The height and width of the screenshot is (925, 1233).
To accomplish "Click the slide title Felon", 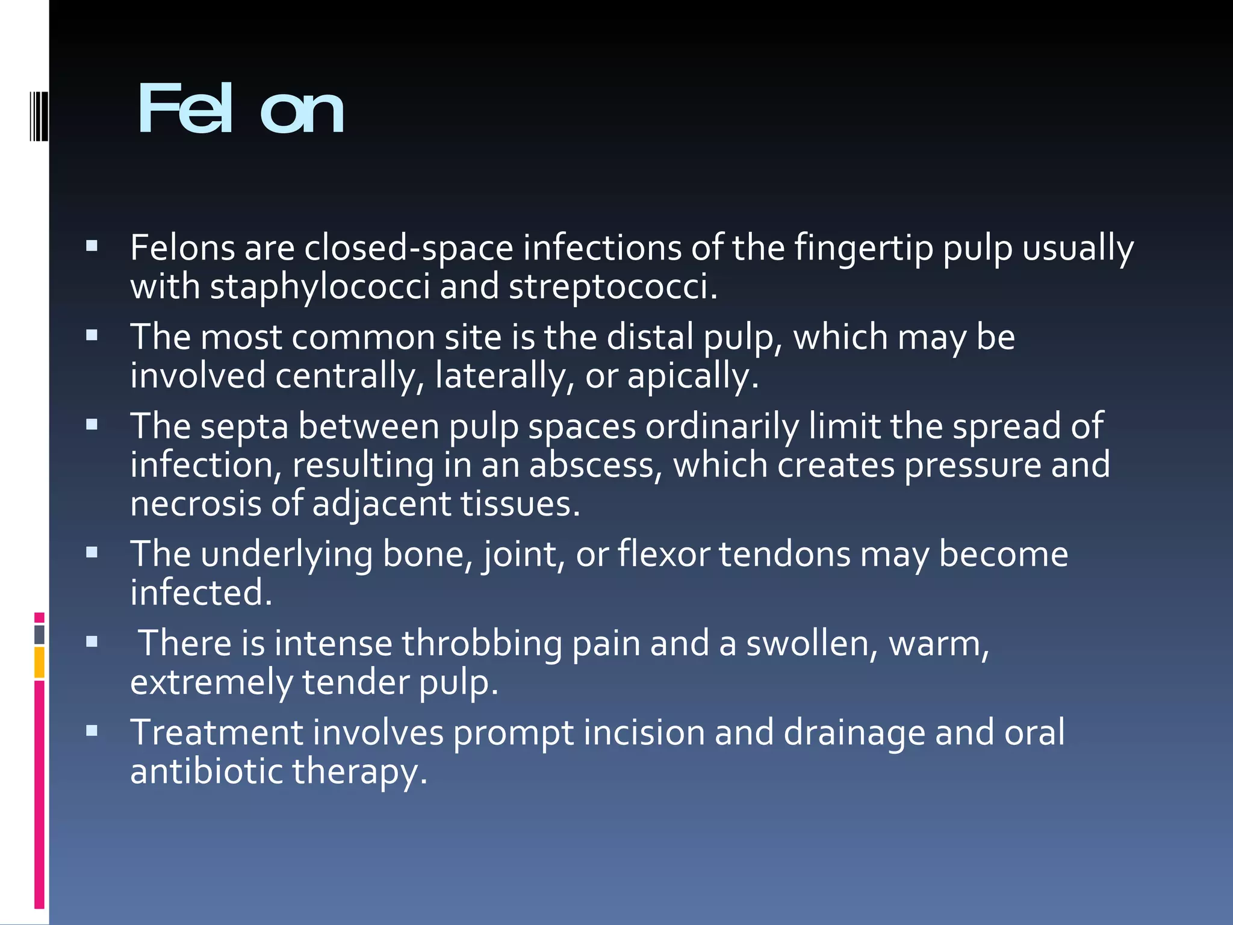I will click(x=241, y=110).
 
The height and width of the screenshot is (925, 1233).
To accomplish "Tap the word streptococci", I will click(x=613, y=287).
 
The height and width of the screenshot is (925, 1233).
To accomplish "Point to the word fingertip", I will click(x=864, y=248).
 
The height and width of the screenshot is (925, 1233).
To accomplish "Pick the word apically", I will click(x=692, y=376).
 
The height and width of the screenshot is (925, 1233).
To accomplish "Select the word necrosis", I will click(x=196, y=503).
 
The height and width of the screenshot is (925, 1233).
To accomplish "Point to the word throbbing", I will click(x=482, y=643).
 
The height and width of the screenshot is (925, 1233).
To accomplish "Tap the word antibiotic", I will click(x=207, y=771).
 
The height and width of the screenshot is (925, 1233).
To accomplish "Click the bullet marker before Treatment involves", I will click(x=92, y=731).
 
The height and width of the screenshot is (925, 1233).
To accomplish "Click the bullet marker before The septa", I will click(x=92, y=425).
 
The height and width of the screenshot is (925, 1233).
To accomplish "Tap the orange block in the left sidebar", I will click(x=40, y=662).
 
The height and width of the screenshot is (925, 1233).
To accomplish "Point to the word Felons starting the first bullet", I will click(x=182, y=248).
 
